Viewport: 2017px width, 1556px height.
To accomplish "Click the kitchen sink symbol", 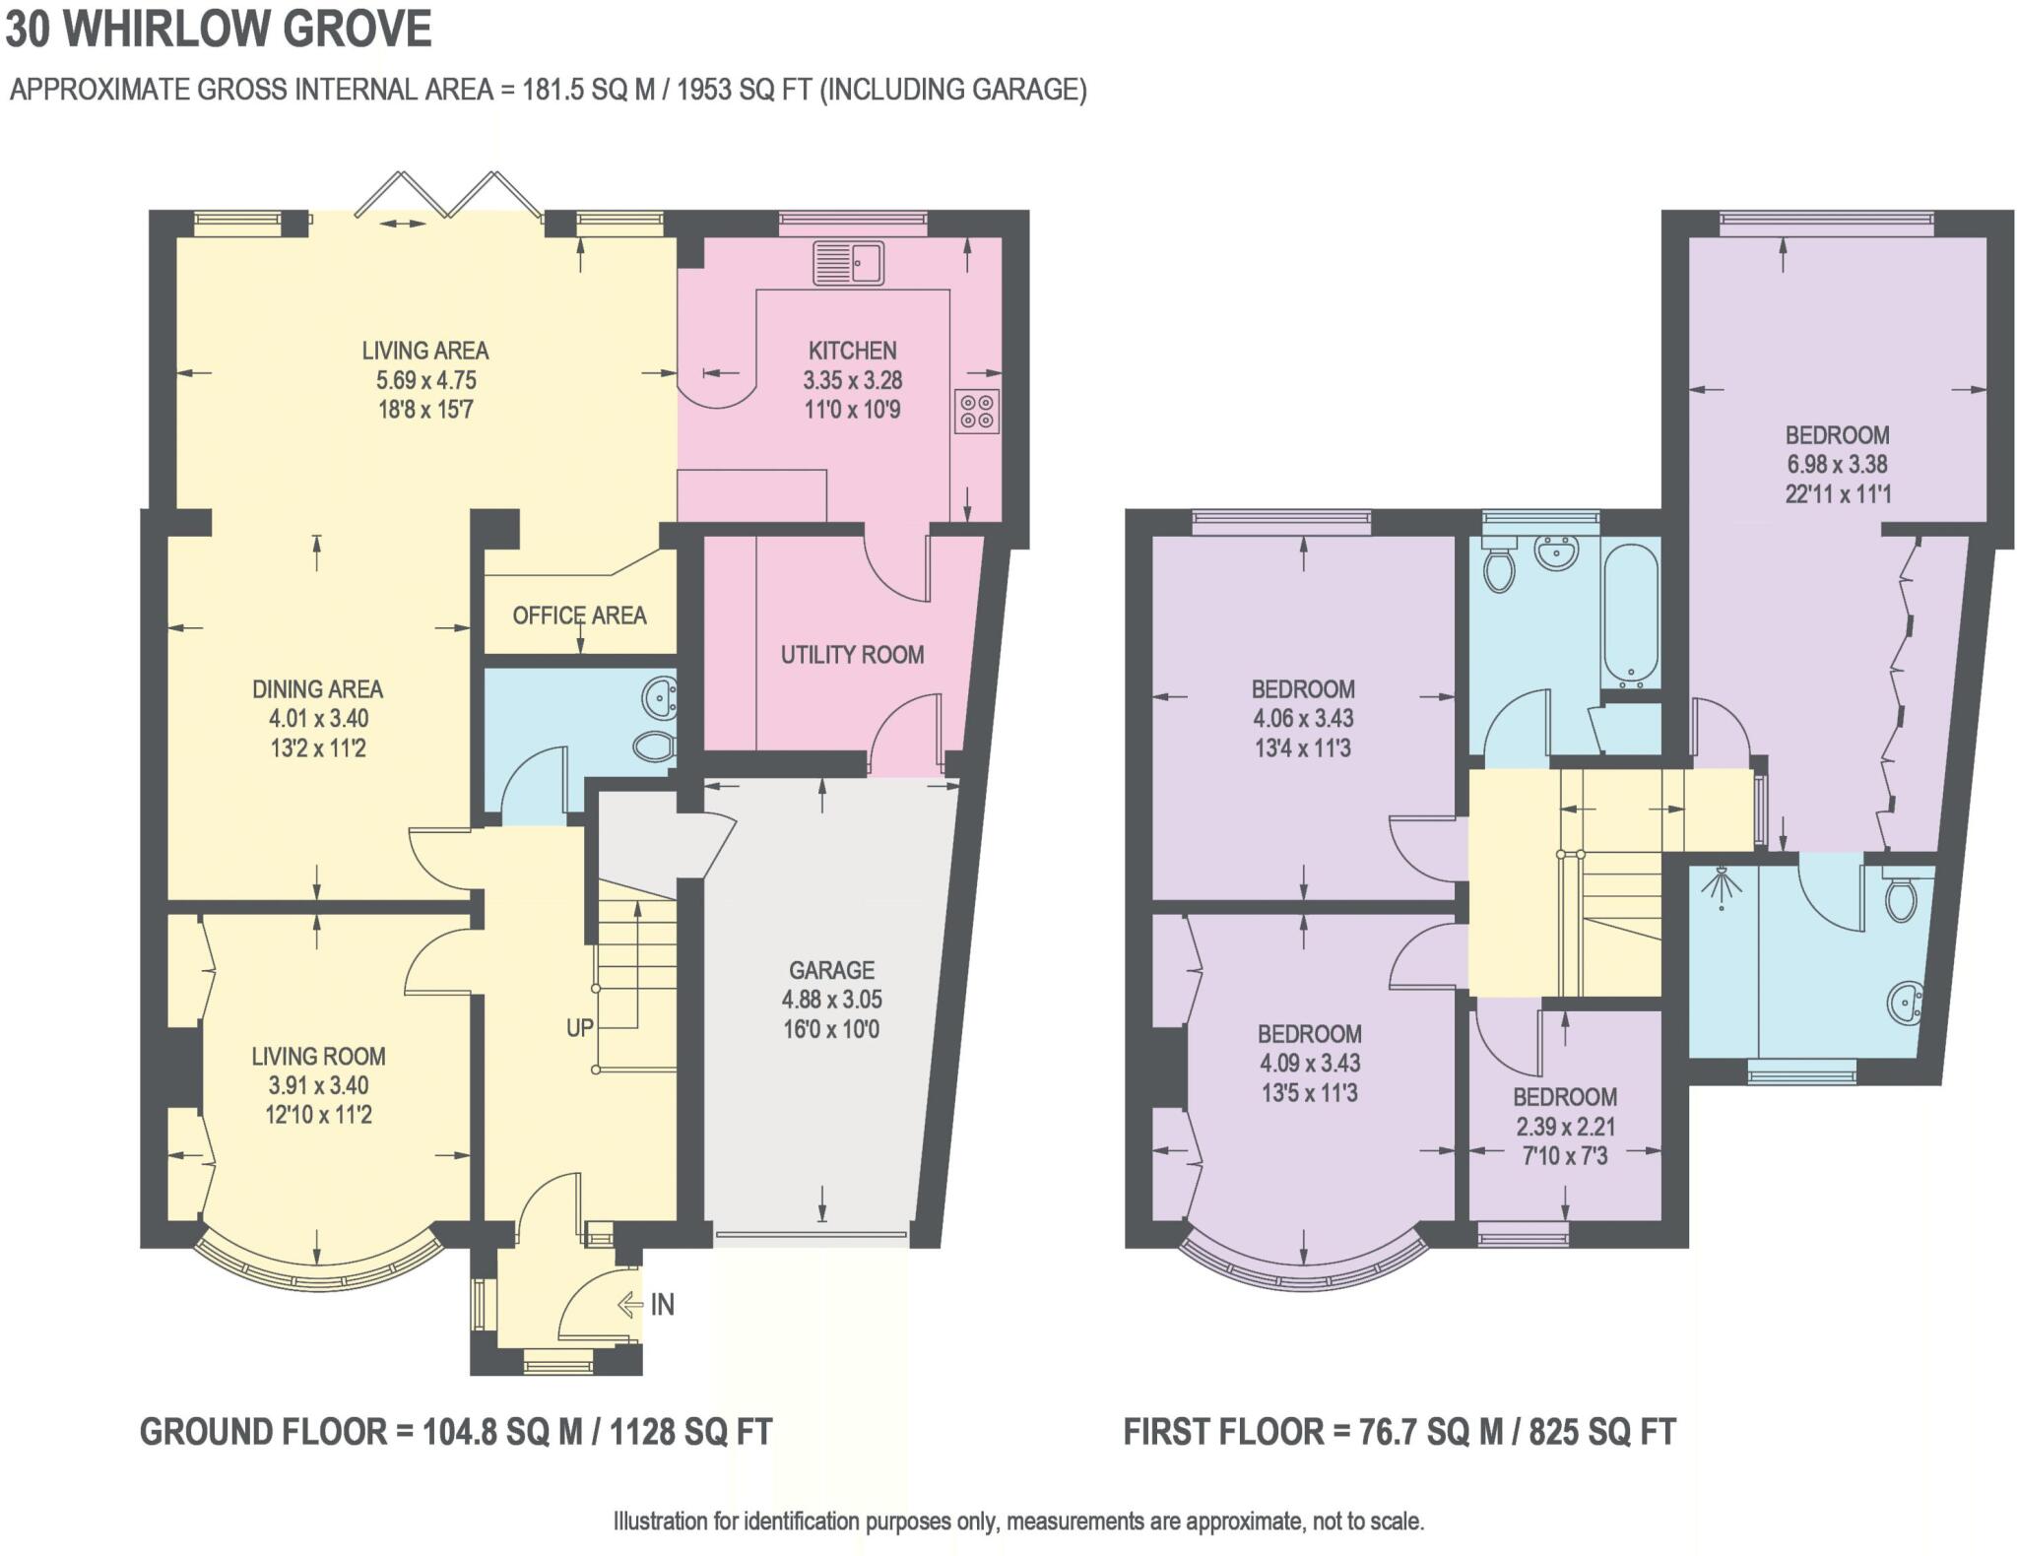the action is [x=848, y=262].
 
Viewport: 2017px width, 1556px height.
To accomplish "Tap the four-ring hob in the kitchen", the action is [x=977, y=412].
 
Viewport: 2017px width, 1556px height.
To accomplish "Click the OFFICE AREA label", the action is [x=579, y=616].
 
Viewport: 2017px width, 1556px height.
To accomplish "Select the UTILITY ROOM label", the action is [x=853, y=655].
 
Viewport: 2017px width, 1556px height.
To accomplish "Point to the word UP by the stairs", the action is [x=579, y=1028].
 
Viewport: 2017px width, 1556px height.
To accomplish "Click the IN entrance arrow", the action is [x=630, y=1305].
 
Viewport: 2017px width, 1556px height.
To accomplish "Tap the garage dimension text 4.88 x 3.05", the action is [x=832, y=1000].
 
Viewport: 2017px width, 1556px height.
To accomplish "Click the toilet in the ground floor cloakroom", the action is [x=653, y=746].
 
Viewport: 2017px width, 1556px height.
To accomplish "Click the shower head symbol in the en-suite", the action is [x=1721, y=886].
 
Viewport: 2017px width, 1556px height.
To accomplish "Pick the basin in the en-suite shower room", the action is [x=1906, y=1003].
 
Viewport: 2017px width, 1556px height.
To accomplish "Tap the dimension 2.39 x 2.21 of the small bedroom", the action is [x=1565, y=1127].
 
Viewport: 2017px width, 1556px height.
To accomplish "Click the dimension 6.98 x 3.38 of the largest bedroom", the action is [x=1837, y=465].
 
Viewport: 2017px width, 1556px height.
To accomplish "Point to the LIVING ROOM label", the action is [x=318, y=1057].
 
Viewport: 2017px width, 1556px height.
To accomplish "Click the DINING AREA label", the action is [x=317, y=689].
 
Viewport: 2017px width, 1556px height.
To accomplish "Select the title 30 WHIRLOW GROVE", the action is [x=219, y=29].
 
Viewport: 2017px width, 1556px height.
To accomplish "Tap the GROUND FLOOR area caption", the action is [x=456, y=1432].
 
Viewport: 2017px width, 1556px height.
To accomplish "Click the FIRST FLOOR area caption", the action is [x=1399, y=1432].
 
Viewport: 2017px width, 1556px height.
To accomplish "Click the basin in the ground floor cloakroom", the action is [x=659, y=697].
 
